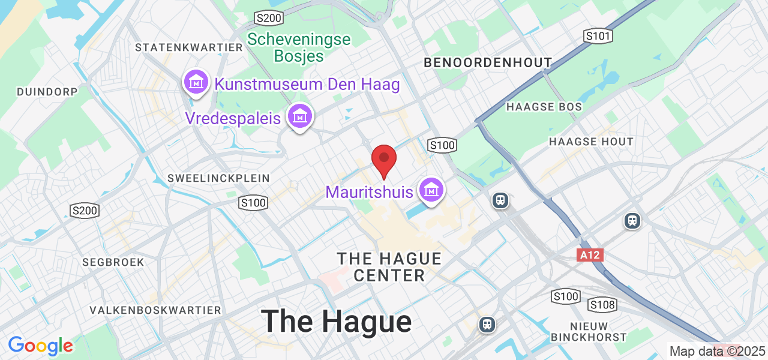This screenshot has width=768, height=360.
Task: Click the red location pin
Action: (x=384, y=160)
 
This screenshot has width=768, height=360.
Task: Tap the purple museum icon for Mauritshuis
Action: (x=431, y=190)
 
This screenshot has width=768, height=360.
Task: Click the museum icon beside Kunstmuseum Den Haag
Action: (x=196, y=82)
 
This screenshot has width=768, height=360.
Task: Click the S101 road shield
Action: (x=599, y=37)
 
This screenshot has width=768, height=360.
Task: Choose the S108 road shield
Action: (x=602, y=305)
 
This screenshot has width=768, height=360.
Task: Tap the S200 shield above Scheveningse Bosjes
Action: (x=268, y=18)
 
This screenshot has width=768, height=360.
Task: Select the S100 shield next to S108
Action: (x=566, y=296)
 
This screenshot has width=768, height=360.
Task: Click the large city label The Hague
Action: (x=336, y=321)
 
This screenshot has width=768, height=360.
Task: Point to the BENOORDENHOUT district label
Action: (x=487, y=62)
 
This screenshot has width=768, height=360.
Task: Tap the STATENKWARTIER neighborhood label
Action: (x=188, y=47)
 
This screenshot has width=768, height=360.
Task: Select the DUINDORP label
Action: (x=47, y=92)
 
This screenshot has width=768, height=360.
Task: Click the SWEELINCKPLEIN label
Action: (x=218, y=178)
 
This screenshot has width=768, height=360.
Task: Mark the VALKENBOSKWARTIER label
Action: (x=155, y=310)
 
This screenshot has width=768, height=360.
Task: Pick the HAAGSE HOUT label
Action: (x=591, y=142)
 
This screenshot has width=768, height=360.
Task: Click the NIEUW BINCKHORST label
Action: (x=589, y=331)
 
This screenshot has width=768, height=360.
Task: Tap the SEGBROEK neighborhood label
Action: (x=114, y=262)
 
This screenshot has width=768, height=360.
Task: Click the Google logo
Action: (x=41, y=346)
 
